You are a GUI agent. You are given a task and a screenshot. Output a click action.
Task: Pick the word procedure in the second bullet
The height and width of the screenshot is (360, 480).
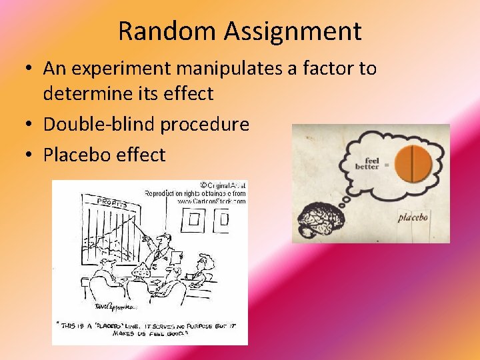pos(211,124)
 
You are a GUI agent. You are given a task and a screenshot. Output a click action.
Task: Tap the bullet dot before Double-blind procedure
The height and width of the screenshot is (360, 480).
pos(32,125)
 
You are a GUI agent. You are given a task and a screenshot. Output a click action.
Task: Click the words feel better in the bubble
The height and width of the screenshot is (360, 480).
pos(367,163)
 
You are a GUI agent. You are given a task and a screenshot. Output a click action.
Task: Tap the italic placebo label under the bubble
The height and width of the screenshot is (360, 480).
pos(413,217)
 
